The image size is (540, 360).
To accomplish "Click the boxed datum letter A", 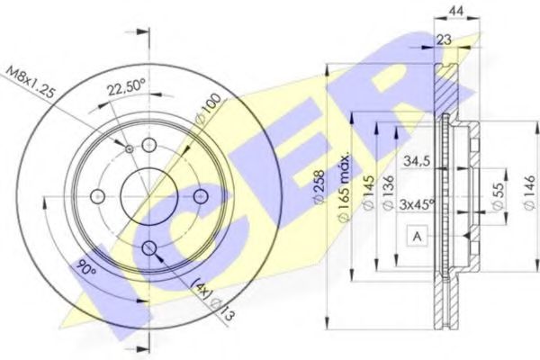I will pyautogui.click(x=418, y=237).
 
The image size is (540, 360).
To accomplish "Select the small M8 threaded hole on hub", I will pyautogui.click(x=130, y=148).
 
